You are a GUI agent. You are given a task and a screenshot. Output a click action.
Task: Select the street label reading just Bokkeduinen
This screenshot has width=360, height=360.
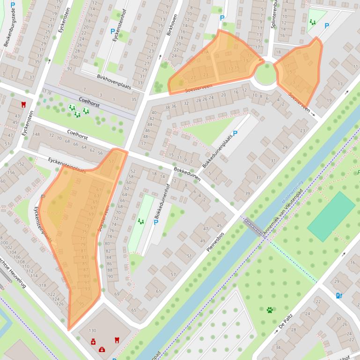[x=187, y=174]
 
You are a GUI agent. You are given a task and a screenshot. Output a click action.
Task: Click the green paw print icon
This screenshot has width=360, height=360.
[x=270, y=310]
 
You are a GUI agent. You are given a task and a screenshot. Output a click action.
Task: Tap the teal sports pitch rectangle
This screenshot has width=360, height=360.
[x=331, y=216]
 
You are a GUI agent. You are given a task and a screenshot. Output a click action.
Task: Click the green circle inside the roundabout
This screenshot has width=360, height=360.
[x=265, y=74]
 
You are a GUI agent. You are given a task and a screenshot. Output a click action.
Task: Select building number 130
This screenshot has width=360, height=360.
[x=92, y=331]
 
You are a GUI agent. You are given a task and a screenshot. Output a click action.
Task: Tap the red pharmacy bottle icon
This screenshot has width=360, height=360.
[x=93, y=342]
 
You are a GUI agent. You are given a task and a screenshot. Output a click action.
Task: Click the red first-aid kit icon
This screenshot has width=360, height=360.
[x=102, y=349]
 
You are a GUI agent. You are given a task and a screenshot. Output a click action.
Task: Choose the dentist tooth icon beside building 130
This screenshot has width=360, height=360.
[x=117, y=340]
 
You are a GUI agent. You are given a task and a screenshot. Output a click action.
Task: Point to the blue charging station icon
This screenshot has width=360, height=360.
[x=339, y=295]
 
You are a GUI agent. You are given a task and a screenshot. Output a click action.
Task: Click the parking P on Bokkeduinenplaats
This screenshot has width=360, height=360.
[x=235, y=133]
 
